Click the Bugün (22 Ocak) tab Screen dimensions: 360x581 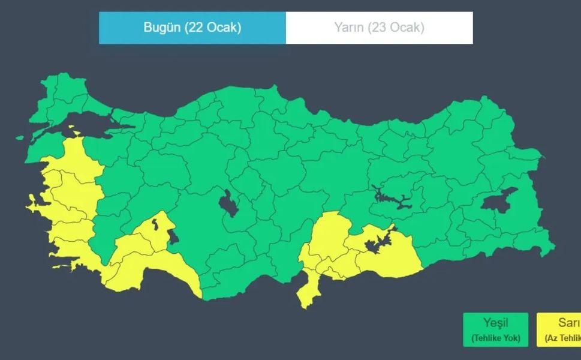click(x=192, y=28)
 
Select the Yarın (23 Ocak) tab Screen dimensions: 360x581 click(x=379, y=28)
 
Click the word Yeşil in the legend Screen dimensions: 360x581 click(x=495, y=323)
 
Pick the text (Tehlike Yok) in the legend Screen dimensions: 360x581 click(x=495, y=338)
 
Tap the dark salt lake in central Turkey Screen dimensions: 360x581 click(x=228, y=203)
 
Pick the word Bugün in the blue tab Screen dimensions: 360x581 click(x=162, y=28)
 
